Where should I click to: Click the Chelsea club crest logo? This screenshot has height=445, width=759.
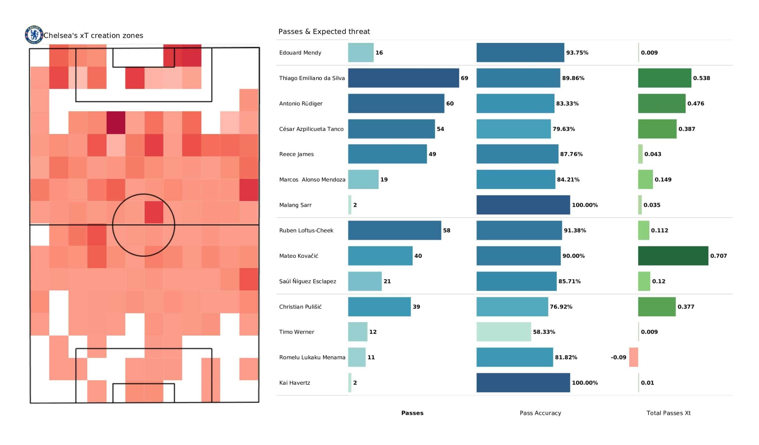(34, 35)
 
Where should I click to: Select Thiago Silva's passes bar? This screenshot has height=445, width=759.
(403, 78)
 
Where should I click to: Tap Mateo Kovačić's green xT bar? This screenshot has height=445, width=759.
(673, 256)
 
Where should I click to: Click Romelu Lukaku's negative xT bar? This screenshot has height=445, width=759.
(633, 357)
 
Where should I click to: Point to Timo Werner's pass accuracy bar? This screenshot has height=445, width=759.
(504, 332)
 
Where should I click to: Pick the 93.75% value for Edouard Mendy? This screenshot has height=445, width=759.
(577, 53)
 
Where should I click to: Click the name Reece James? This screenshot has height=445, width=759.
(296, 154)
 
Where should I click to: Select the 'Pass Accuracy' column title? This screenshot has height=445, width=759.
(540, 413)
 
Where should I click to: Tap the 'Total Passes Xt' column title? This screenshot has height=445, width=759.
(668, 413)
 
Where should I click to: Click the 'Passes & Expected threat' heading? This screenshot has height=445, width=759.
(324, 32)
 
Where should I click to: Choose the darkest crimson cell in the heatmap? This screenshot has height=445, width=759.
(116, 122)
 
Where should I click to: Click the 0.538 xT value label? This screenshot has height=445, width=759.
(701, 78)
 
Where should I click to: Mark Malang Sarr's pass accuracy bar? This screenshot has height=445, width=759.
(523, 205)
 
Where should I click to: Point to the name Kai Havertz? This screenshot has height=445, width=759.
(294, 383)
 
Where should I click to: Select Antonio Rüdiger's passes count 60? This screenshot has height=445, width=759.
(450, 104)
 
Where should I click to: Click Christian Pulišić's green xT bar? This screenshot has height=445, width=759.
(657, 307)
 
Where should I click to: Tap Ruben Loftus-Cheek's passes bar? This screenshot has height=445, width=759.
(395, 230)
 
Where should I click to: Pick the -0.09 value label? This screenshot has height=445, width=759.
(618, 357)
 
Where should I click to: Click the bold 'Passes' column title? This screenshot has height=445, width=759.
(412, 413)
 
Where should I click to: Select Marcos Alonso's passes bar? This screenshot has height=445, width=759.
(363, 180)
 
